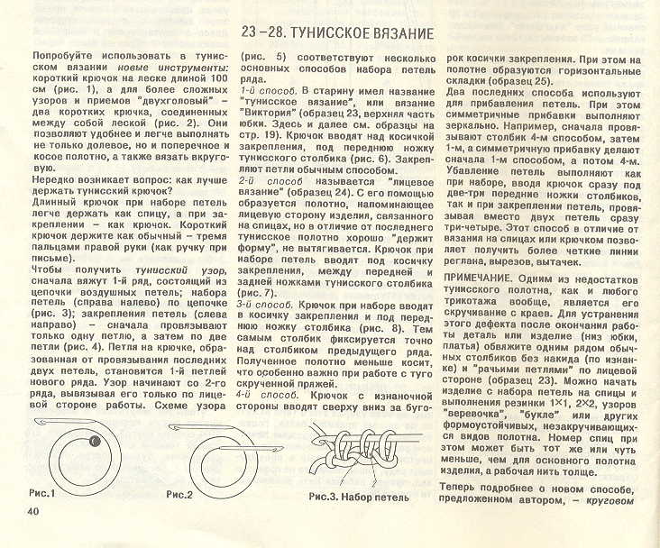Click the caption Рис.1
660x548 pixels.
tap(41, 493)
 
